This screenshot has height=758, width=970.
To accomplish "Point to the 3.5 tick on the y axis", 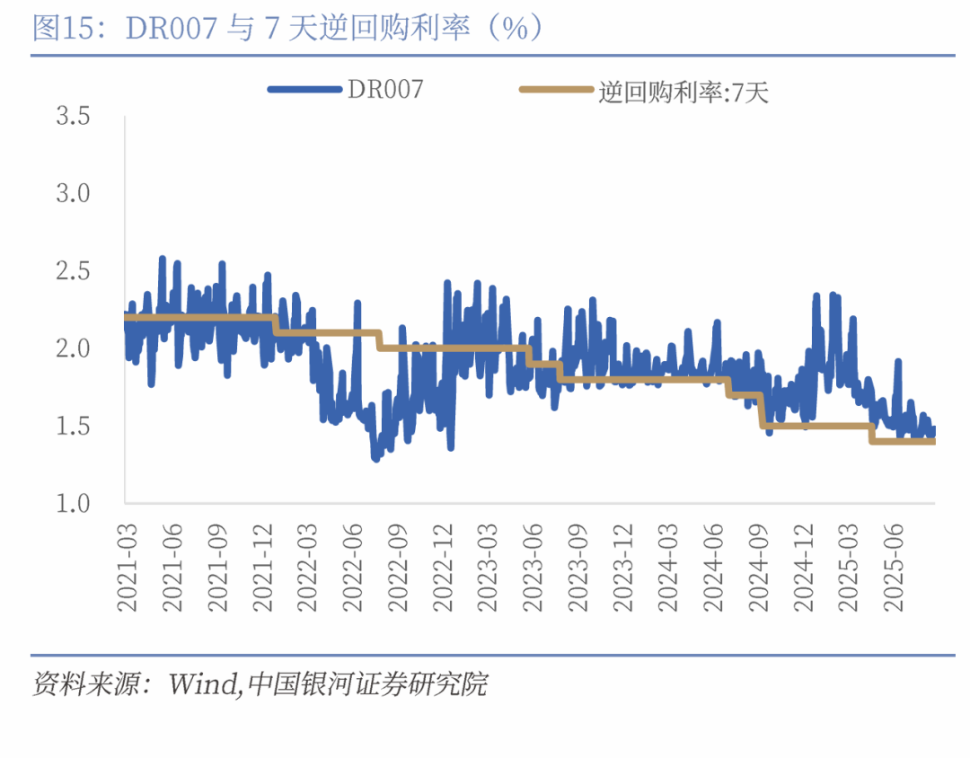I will coord(74,116).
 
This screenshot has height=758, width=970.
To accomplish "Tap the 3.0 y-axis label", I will coord(74,193).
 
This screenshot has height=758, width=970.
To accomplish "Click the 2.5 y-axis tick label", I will coord(74,270).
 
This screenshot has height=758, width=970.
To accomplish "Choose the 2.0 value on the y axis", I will coord(74,348).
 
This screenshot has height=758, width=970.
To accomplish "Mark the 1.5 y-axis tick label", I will coord(74,425).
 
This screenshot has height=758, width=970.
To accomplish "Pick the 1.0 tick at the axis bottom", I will coord(74,502).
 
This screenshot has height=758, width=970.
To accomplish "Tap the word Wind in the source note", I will coord(206,685).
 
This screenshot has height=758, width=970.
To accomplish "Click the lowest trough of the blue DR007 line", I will coord(375,459).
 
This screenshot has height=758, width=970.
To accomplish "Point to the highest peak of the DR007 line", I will coord(163,259).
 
